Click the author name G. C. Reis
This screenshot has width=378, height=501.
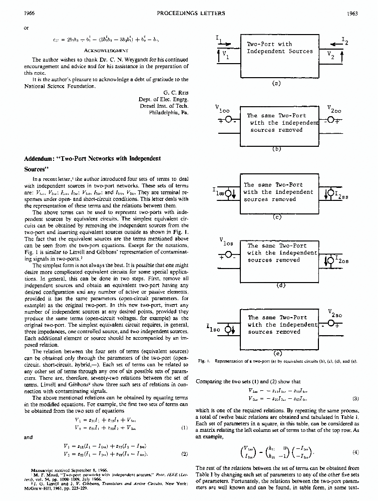tap(176, 92)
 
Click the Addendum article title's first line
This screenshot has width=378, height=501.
tap(92, 159)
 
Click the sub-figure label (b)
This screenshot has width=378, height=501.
tap(276, 148)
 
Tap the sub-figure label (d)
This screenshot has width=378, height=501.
tap(280, 285)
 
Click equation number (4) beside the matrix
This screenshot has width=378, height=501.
tap(355, 451)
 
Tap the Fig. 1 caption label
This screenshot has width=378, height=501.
tap(204, 360)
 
